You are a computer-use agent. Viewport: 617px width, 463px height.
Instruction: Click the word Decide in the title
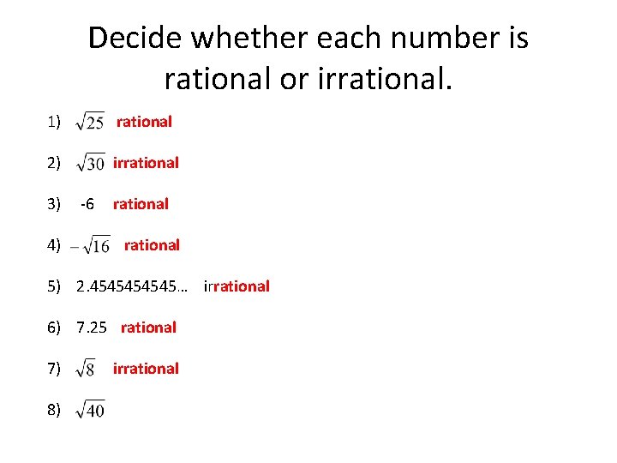pyautogui.click(x=135, y=38)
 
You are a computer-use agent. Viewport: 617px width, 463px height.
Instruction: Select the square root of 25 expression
pyautogui.click(x=90, y=123)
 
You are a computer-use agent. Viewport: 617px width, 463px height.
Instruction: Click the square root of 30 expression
pyautogui.click(x=90, y=163)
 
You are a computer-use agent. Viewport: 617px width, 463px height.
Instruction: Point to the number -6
pyautogui.click(x=87, y=204)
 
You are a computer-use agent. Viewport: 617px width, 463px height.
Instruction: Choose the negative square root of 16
pyautogui.click(x=90, y=245)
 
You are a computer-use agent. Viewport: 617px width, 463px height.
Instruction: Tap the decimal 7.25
pyautogui.click(x=92, y=328)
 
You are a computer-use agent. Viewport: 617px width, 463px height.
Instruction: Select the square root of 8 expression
pyautogui.click(x=86, y=369)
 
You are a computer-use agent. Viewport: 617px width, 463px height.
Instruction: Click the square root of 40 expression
pyautogui.click(x=90, y=410)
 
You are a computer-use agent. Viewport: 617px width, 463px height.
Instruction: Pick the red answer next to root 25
pyautogui.click(x=144, y=122)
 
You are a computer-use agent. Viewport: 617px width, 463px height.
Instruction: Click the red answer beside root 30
pyautogui.click(x=146, y=163)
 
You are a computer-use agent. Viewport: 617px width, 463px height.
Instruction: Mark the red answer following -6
pyautogui.click(x=141, y=204)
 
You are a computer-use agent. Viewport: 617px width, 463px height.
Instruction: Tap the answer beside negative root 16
pyautogui.click(x=152, y=245)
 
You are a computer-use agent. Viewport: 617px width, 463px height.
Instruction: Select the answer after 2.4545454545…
pyautogui.click(x=237, y=286)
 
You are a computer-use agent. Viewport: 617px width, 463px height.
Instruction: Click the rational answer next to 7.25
pyautogui.click(x=148, y=328)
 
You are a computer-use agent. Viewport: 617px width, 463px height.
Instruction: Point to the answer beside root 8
pyautogui.click(x=146, y=369)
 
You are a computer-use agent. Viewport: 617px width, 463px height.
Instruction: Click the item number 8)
pyautogui.click(x=54, y=410)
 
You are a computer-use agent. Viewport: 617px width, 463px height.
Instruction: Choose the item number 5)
pyautogui.click(x=54, y=286)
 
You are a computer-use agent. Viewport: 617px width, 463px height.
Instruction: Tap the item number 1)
pyautogui.click(x=54, y=122)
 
